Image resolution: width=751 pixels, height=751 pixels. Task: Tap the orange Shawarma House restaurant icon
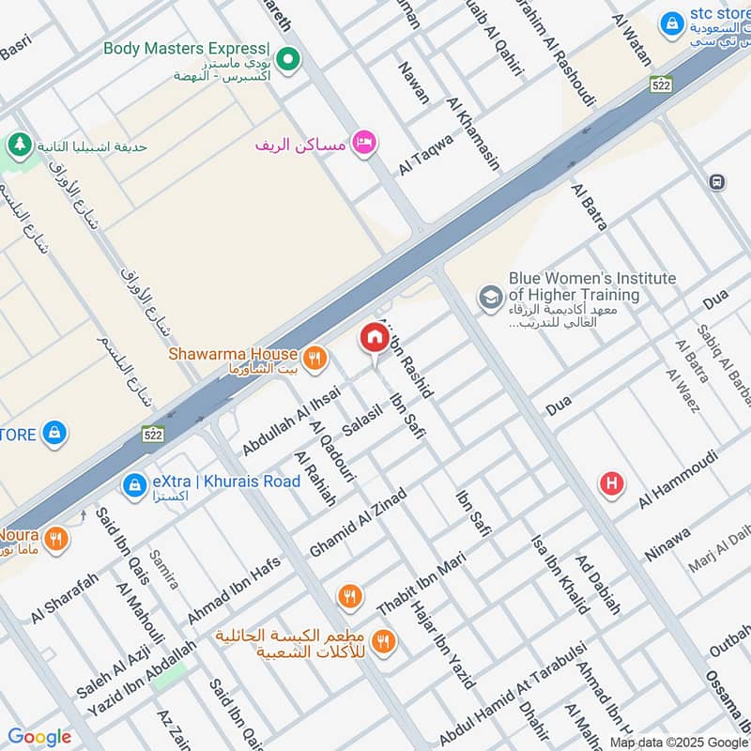(x=314, y=357)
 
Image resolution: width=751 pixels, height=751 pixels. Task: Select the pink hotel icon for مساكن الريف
(x=363, y=143)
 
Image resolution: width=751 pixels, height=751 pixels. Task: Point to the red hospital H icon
(x=612, y=483)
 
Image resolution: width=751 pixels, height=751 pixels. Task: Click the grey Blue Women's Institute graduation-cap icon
(x=490, y=298)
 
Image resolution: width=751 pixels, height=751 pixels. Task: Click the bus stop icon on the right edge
(x=718, y=182)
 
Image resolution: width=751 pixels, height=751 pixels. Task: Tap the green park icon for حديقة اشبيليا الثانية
(x=17, y=146)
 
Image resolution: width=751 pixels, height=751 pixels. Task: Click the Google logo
(x=39, y=737)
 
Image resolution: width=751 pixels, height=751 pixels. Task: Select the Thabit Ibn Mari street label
(x=421, y=584)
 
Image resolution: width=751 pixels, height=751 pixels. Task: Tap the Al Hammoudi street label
(x=678, y=479)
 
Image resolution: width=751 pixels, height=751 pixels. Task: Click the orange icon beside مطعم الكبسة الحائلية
(x=382, y=641)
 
